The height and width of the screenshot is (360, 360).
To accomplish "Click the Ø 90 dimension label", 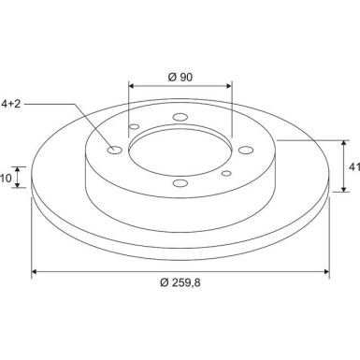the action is [180, 77].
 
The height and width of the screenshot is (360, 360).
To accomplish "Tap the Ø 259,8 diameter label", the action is [180, 282].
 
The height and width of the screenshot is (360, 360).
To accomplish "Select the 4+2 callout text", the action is [11, 104].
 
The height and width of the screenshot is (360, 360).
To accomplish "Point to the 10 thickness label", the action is [6, 179].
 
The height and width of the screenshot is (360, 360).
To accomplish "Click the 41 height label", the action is [354, 167].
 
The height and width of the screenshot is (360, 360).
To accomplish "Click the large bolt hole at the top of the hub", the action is [180, 117].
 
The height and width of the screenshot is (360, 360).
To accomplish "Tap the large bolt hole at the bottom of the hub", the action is [180, 183].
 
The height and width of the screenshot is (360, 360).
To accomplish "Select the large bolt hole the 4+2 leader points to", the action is [114, 150].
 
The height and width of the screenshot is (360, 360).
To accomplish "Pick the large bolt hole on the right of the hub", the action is [246, 150].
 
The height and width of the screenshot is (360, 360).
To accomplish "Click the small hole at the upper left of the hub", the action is [134, 127].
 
